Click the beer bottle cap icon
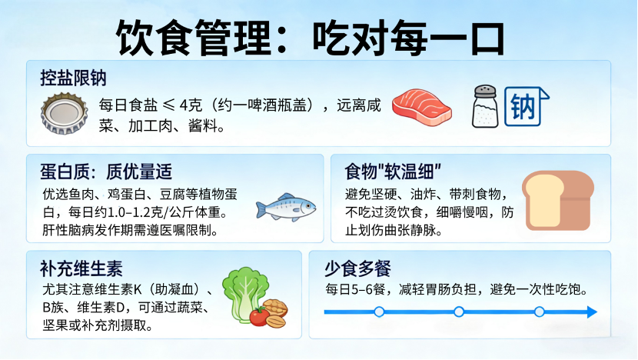(64, 114)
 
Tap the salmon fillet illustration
(421, 108)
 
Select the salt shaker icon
(485, 106)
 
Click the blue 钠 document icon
(527, 106)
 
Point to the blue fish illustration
(286, 207)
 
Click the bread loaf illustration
(558, 200)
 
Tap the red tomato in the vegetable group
(259, 316)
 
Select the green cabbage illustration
(244, 293)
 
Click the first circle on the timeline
(379, 312)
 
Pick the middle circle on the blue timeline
(459, 312)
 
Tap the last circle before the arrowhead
(539, 312)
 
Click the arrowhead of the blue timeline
(592, 312)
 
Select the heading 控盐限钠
(73, 78)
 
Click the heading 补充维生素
(81, 268)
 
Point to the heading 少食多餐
(357, 268)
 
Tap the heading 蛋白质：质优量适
(106, 172)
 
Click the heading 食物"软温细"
(393, 172)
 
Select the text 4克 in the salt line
(191, 105)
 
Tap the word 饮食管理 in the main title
(194, 38)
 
